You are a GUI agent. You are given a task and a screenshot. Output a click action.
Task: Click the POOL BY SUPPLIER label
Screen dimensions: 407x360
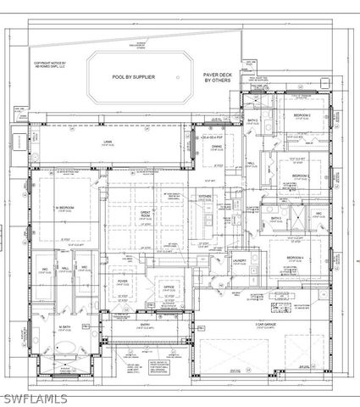point(134,76)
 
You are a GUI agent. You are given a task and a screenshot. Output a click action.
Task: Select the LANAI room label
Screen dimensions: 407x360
point(108,142)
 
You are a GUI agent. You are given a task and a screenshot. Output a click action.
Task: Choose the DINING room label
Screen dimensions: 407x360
point(217,146)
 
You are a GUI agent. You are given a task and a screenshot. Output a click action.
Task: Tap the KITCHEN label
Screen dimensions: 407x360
point(205,196)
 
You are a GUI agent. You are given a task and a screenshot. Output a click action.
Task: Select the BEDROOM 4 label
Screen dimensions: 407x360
point(295,257)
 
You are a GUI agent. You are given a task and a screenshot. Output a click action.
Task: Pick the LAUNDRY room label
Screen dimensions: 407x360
point(240,260)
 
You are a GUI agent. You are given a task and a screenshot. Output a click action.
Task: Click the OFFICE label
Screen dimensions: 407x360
point(169,287)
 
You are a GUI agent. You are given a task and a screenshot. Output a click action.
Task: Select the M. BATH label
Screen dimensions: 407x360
point(64,326)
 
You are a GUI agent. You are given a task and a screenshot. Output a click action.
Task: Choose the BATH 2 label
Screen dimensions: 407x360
point(252,120)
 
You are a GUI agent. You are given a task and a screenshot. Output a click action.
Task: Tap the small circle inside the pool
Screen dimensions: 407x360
point(178,76)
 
